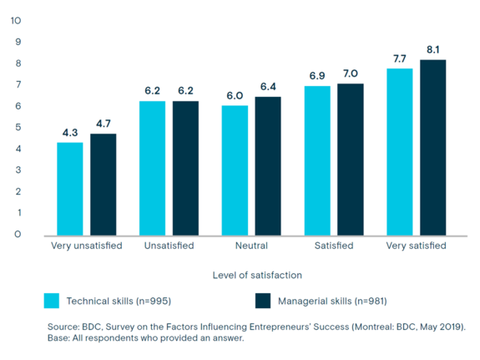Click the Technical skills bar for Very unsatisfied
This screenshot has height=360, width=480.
click(69, 189)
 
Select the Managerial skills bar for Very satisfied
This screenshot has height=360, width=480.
click(432, 147)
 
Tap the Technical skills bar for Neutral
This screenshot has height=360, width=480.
click(235, 170)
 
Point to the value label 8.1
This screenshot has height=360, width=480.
click(432, 50)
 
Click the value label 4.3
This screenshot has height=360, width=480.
click(69, 133)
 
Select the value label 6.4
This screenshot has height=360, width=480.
click(267, 87)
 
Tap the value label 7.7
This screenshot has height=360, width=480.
click(400, 58)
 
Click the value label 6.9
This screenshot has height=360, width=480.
click(317, 76)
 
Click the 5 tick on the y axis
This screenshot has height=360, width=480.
click(18, 127)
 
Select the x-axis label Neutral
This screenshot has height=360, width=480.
click(251, 246)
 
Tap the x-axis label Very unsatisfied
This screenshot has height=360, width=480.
click(85, 246)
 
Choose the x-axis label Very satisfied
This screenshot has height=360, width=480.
click(416, 246)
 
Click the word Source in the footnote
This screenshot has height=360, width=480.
click(63, 327)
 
